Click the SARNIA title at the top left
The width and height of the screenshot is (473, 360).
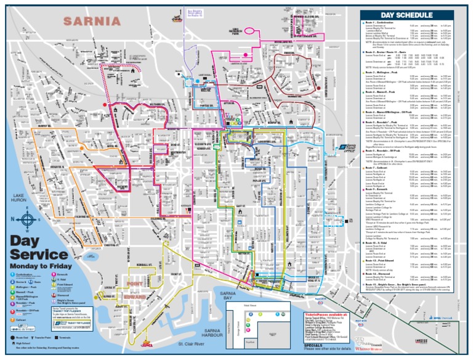(x=91, y=21)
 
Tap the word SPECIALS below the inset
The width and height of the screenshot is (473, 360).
(x=315, y=345)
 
